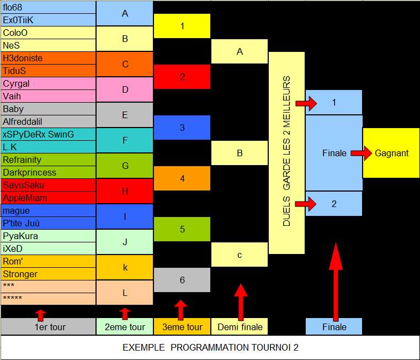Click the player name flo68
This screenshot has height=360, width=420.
[13, 7]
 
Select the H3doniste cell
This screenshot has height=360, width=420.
[48, 58]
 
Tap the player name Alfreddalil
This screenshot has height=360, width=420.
[23, 121]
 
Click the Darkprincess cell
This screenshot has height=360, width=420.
[48, 172]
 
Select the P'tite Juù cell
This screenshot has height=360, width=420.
[48, 223]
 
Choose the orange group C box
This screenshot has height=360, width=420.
[125, 65]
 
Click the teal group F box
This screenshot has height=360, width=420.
[125, 140]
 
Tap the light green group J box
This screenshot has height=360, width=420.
[125, 242]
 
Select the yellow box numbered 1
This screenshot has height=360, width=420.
[182, 26]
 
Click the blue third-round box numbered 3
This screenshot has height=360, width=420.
[182, 128]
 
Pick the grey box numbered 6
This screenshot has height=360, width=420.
[182, 280]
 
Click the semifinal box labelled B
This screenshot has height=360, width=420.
[240, 153]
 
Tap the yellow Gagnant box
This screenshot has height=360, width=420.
[391, 153]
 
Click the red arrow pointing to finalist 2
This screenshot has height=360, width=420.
[306, 204]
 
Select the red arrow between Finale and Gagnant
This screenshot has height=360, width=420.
[361, 153]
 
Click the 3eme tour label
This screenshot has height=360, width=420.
[182, 327]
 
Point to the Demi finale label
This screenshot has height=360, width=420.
[240, 327]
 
